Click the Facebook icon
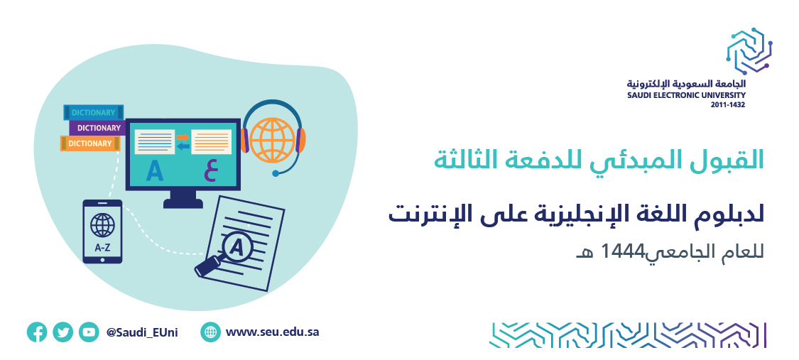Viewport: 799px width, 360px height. click(37, 332)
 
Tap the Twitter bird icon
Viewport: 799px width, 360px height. click(62, 332)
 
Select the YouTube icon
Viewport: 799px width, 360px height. click(89, 332)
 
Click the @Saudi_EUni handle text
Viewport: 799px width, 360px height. click(142, 333)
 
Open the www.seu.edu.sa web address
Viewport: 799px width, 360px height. click(272, 332)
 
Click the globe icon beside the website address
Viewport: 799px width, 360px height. click(210, 332)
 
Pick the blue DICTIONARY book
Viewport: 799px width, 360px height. click(94, 112)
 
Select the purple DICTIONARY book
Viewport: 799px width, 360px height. click(97, 128)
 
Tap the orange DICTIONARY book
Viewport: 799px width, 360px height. click(90, 143)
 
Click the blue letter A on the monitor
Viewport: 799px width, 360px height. click(154, 171)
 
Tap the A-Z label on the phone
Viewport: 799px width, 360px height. click(102, 249)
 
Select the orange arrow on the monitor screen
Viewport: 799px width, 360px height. click(183, 137)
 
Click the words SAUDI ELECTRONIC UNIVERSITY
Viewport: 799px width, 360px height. click(686, 95)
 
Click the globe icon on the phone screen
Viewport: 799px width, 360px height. click(102, 224)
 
